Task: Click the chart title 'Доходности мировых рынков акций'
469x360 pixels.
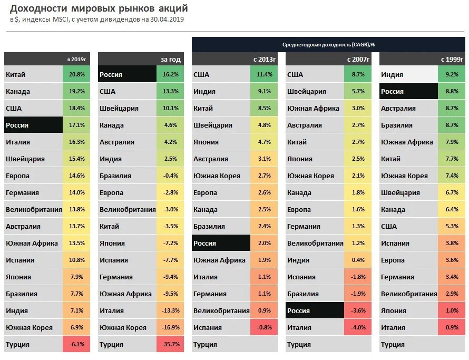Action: [99, 8]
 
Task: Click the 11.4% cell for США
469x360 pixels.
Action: [264, 75]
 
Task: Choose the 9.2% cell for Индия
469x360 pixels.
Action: [452, 75]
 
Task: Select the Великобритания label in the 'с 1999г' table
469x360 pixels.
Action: [409, 294]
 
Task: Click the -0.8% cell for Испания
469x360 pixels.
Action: [264, 328]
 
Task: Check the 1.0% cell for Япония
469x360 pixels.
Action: [452, 311]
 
